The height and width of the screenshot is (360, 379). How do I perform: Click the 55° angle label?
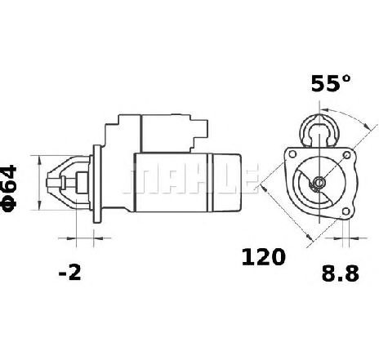331,83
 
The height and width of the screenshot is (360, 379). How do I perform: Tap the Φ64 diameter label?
9,188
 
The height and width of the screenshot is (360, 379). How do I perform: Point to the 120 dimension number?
263,257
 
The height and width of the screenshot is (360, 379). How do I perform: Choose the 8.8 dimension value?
341,273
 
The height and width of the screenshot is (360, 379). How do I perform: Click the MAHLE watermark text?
190,178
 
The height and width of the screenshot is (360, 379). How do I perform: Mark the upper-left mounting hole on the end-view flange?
292,154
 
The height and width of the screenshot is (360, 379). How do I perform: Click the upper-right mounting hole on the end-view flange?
347,155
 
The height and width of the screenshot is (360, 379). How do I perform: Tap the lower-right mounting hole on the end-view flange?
346,211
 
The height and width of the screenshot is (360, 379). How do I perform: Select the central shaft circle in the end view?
319,182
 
